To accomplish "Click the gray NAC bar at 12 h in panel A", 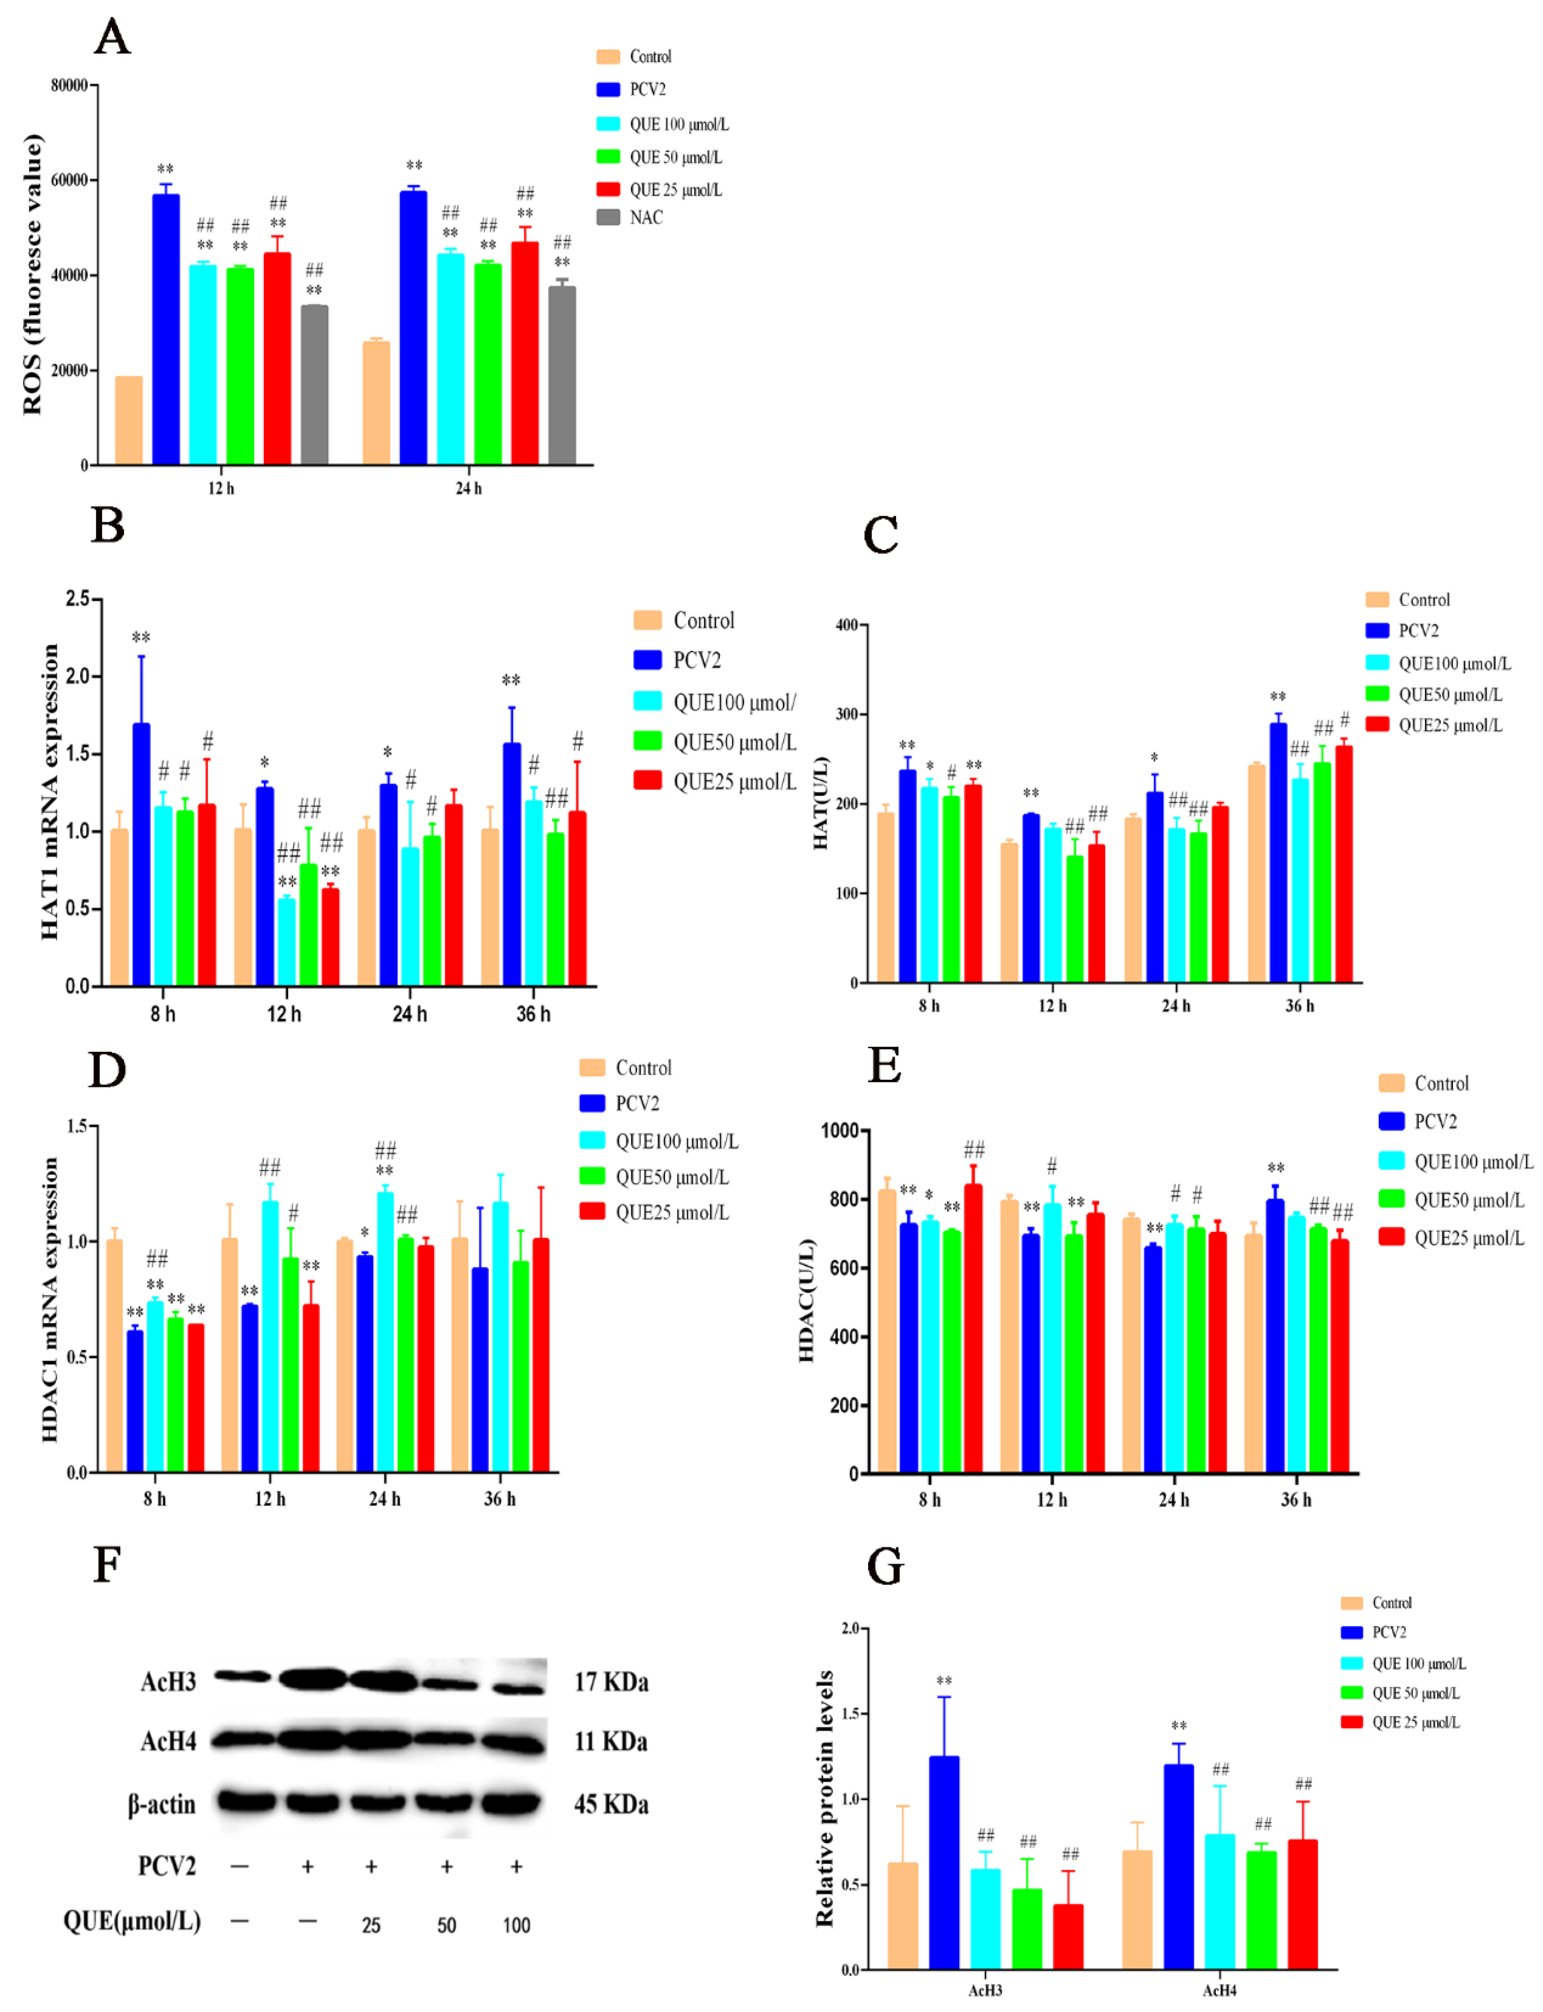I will pyautogui.click(x=314, y=386).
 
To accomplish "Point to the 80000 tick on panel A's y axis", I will pyautogui.click(x=69, y=85).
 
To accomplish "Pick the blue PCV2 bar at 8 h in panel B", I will pyautogui.click(x=141, y=854).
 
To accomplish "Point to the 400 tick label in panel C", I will pyautogui.click(x=846, y=625).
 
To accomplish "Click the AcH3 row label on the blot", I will pyautogui.click(x=168, y=1682).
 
